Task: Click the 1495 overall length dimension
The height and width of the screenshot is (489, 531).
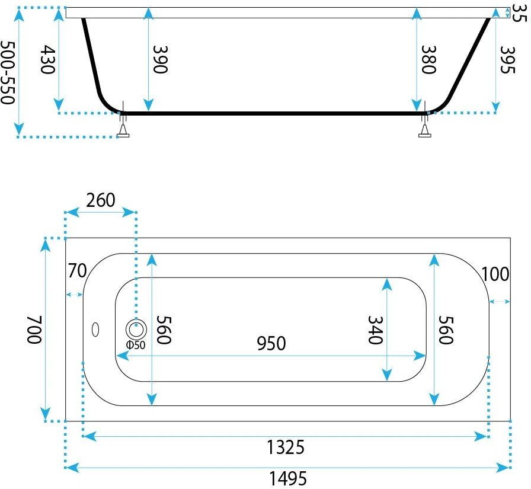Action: pyautogui.click(x=288, y=478)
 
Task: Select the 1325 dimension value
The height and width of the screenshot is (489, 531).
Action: pyautogui.click(x=286, y=447)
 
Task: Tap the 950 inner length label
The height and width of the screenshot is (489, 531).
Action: pyautogui.click(x=271, y=343)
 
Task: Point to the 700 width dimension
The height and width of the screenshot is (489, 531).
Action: pyautogui.click(x=34, y=330)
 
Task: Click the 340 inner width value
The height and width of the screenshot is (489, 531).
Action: pyautogui.click(x=376, y=330)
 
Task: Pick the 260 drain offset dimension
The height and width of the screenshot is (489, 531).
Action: pyautogui.click(x=101, y=200)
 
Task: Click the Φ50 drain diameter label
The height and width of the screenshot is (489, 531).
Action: pyautogui.click(x=136, y=345)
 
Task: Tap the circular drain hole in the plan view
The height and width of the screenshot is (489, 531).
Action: pyautogui.click(x=136, y=329)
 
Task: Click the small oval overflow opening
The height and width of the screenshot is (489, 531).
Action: pyautogui.click(x=95, y=329)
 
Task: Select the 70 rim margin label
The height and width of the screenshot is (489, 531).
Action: pyautogui.click(x=78, y=270)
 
